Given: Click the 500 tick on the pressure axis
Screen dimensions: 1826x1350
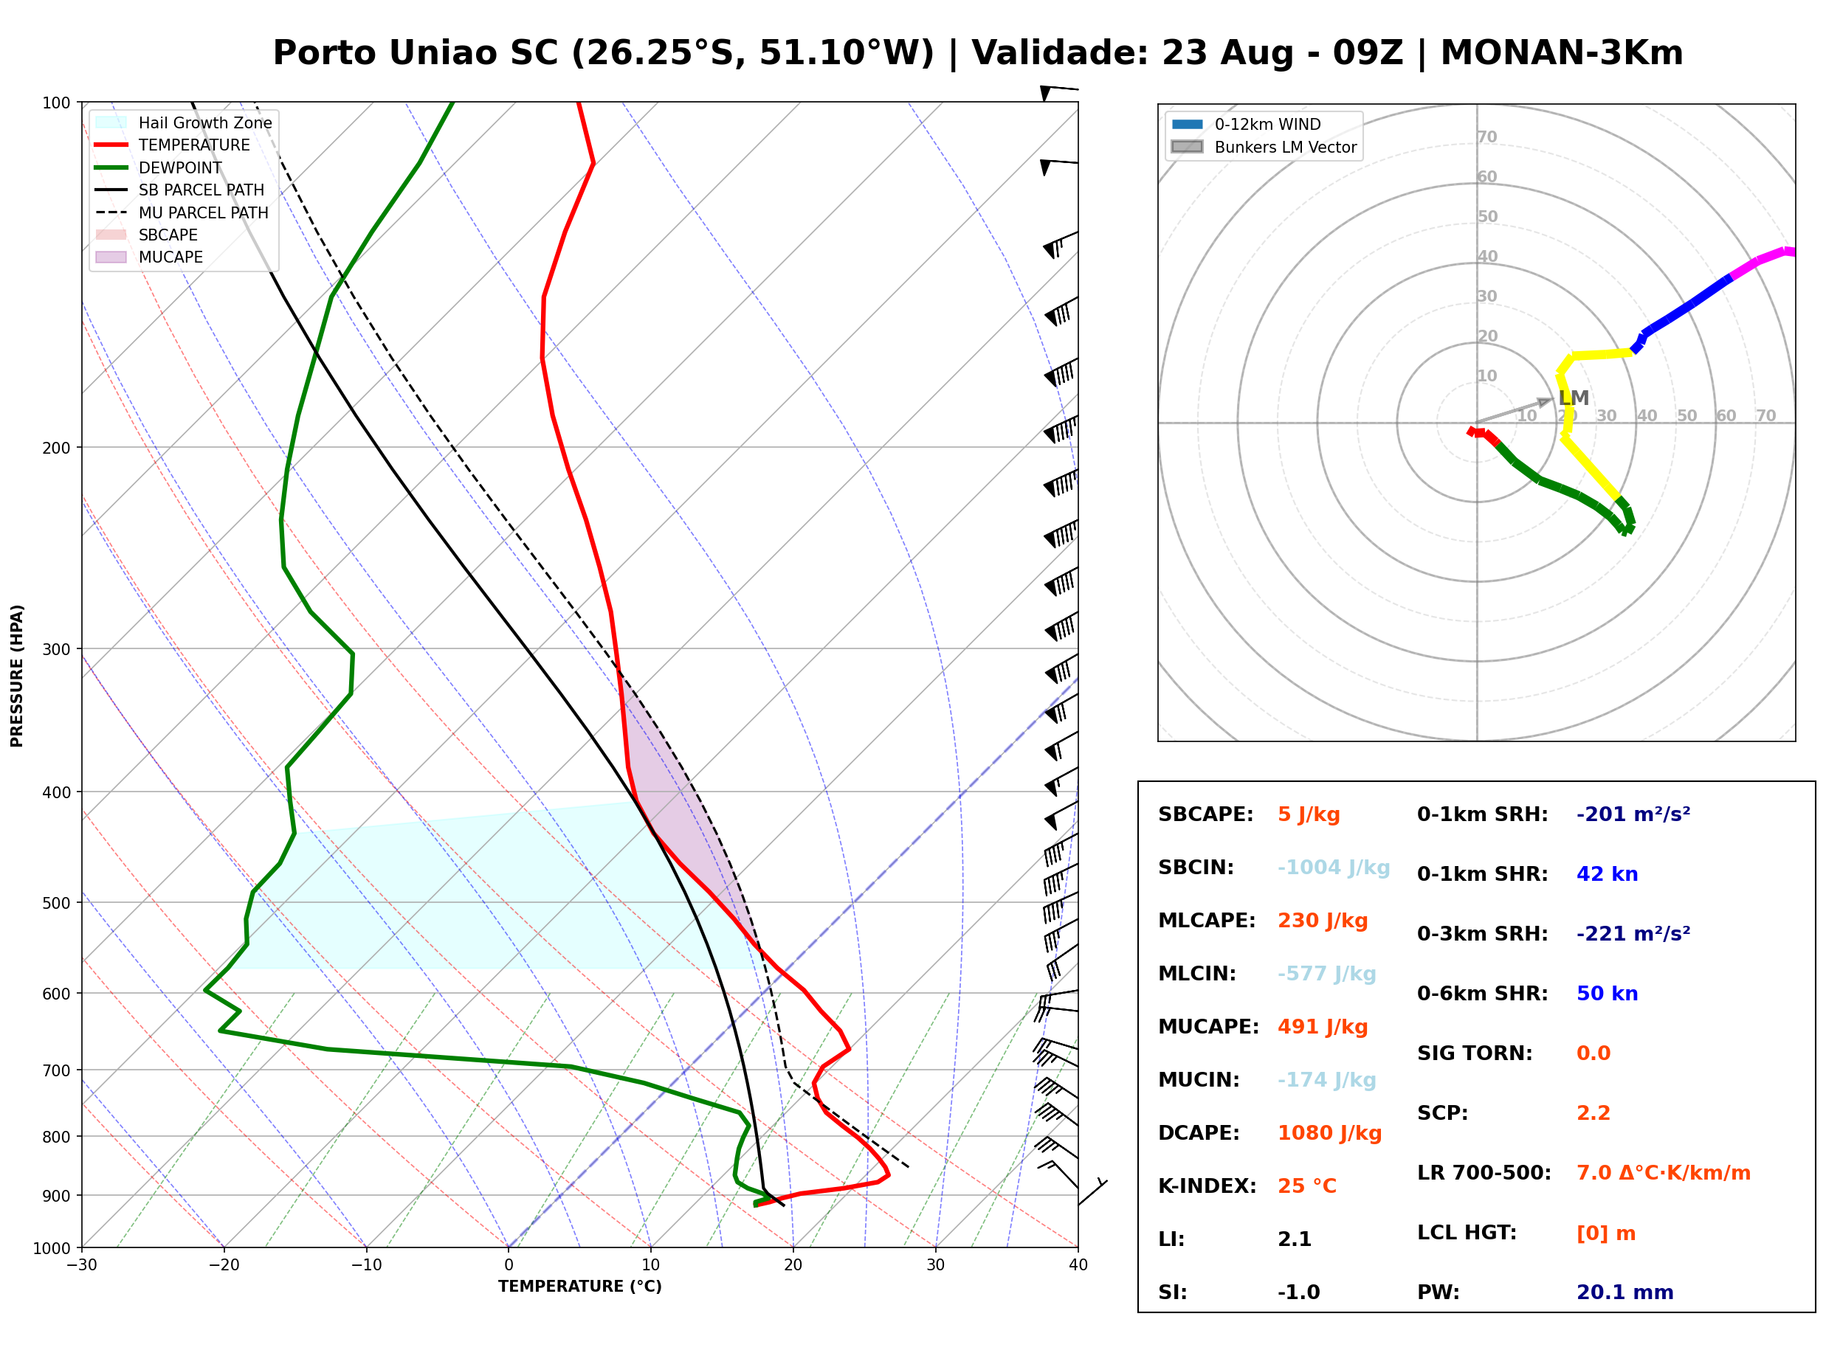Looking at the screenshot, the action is click(x=56, y=903).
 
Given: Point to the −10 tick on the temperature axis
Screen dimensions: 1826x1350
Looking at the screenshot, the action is click(x=365, y=1265).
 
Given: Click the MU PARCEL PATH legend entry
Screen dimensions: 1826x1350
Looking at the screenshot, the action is click(x=182, y=212).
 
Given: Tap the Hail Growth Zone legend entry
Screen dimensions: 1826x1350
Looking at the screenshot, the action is click(x=183, y=122).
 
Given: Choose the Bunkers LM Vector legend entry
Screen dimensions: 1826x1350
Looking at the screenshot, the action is click(x=1264, y=147).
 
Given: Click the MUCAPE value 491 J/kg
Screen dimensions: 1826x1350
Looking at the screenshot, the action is click(x=1323, y=1026).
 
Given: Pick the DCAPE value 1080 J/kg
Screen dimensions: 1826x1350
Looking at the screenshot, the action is click(x=1330, y=1132).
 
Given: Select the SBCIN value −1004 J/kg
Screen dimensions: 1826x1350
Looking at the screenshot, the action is click(x=1333, y=867).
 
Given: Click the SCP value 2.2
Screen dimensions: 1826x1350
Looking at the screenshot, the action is click(x=1593, y=1113).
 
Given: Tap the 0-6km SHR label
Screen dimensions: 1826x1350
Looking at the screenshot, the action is click(x=1483, y=994).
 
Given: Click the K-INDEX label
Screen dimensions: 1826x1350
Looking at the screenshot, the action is click(x=1207, y=1185).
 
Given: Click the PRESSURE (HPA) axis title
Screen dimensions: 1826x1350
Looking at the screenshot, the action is click(x=17, y=676).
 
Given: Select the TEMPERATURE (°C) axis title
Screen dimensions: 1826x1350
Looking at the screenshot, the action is click(x=580, y=1287).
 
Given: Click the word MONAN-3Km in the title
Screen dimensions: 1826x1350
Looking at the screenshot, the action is click(x=1561, y=53).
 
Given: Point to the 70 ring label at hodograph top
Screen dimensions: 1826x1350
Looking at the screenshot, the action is click(x=1486, y=136).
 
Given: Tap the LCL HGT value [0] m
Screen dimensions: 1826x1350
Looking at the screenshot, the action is click(x=1606, y=1233).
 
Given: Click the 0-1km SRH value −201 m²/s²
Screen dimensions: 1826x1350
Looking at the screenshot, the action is click(x=1633, y=814).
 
